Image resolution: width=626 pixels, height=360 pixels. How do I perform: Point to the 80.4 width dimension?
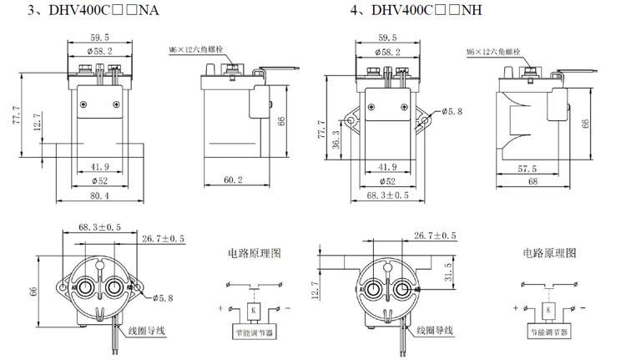pos(100,196)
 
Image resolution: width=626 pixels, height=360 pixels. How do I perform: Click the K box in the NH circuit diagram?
pos(548,310)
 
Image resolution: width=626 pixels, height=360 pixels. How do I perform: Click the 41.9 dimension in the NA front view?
pos(100,166)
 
